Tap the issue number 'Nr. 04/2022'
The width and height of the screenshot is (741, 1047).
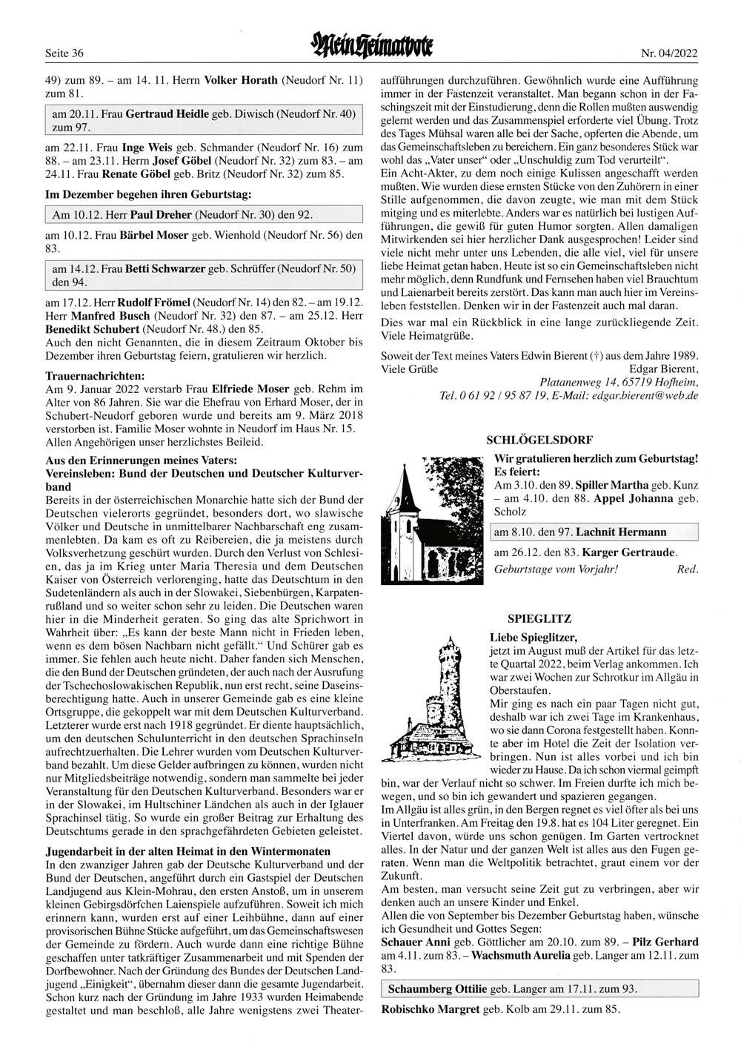pyautogui.click(x=670, y=53)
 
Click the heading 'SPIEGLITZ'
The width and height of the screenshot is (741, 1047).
pyautogui.click(x=529, y=618)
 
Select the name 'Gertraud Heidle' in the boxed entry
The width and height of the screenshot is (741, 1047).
pyautogui.click(x=164, y=114)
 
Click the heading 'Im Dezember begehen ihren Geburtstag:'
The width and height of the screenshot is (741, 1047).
pyautogui.click(x=148, y=194)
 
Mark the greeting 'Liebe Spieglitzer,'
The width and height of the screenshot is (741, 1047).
pyautogui.click(x=533, y=636)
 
